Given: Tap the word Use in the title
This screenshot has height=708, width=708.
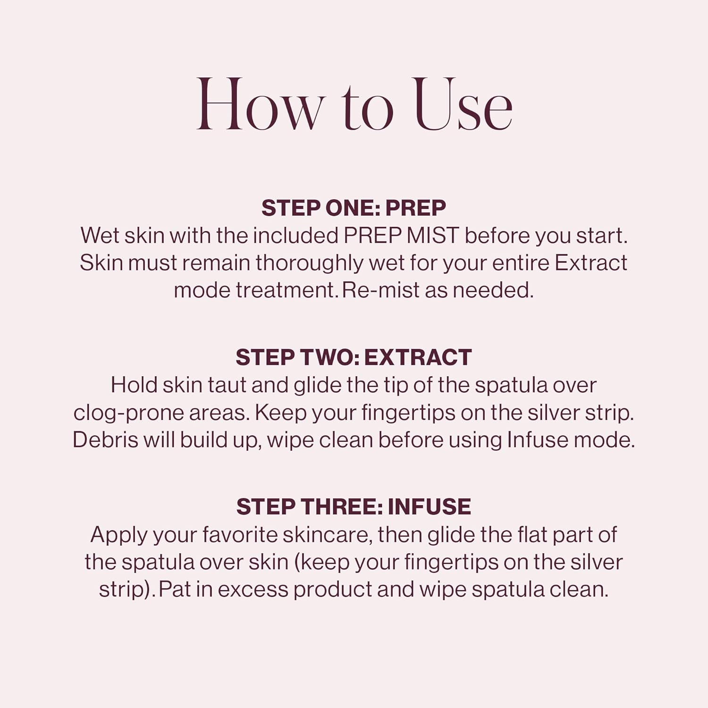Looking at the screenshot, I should [x=462, y=105].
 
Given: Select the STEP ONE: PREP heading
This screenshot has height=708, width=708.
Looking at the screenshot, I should [x=354, y=208].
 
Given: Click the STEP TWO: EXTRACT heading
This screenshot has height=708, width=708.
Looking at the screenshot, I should [x=354, y=357].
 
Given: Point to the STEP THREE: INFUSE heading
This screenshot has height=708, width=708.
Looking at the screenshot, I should [x=354, y=507].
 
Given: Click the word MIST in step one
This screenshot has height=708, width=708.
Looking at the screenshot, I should [x=432, y=236].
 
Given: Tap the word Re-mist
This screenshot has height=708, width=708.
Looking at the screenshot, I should [x=380, y=290].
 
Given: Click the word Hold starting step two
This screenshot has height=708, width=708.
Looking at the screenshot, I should [x=134, y=385].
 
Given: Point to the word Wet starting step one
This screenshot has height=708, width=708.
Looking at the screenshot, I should [x=100, y=236].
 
